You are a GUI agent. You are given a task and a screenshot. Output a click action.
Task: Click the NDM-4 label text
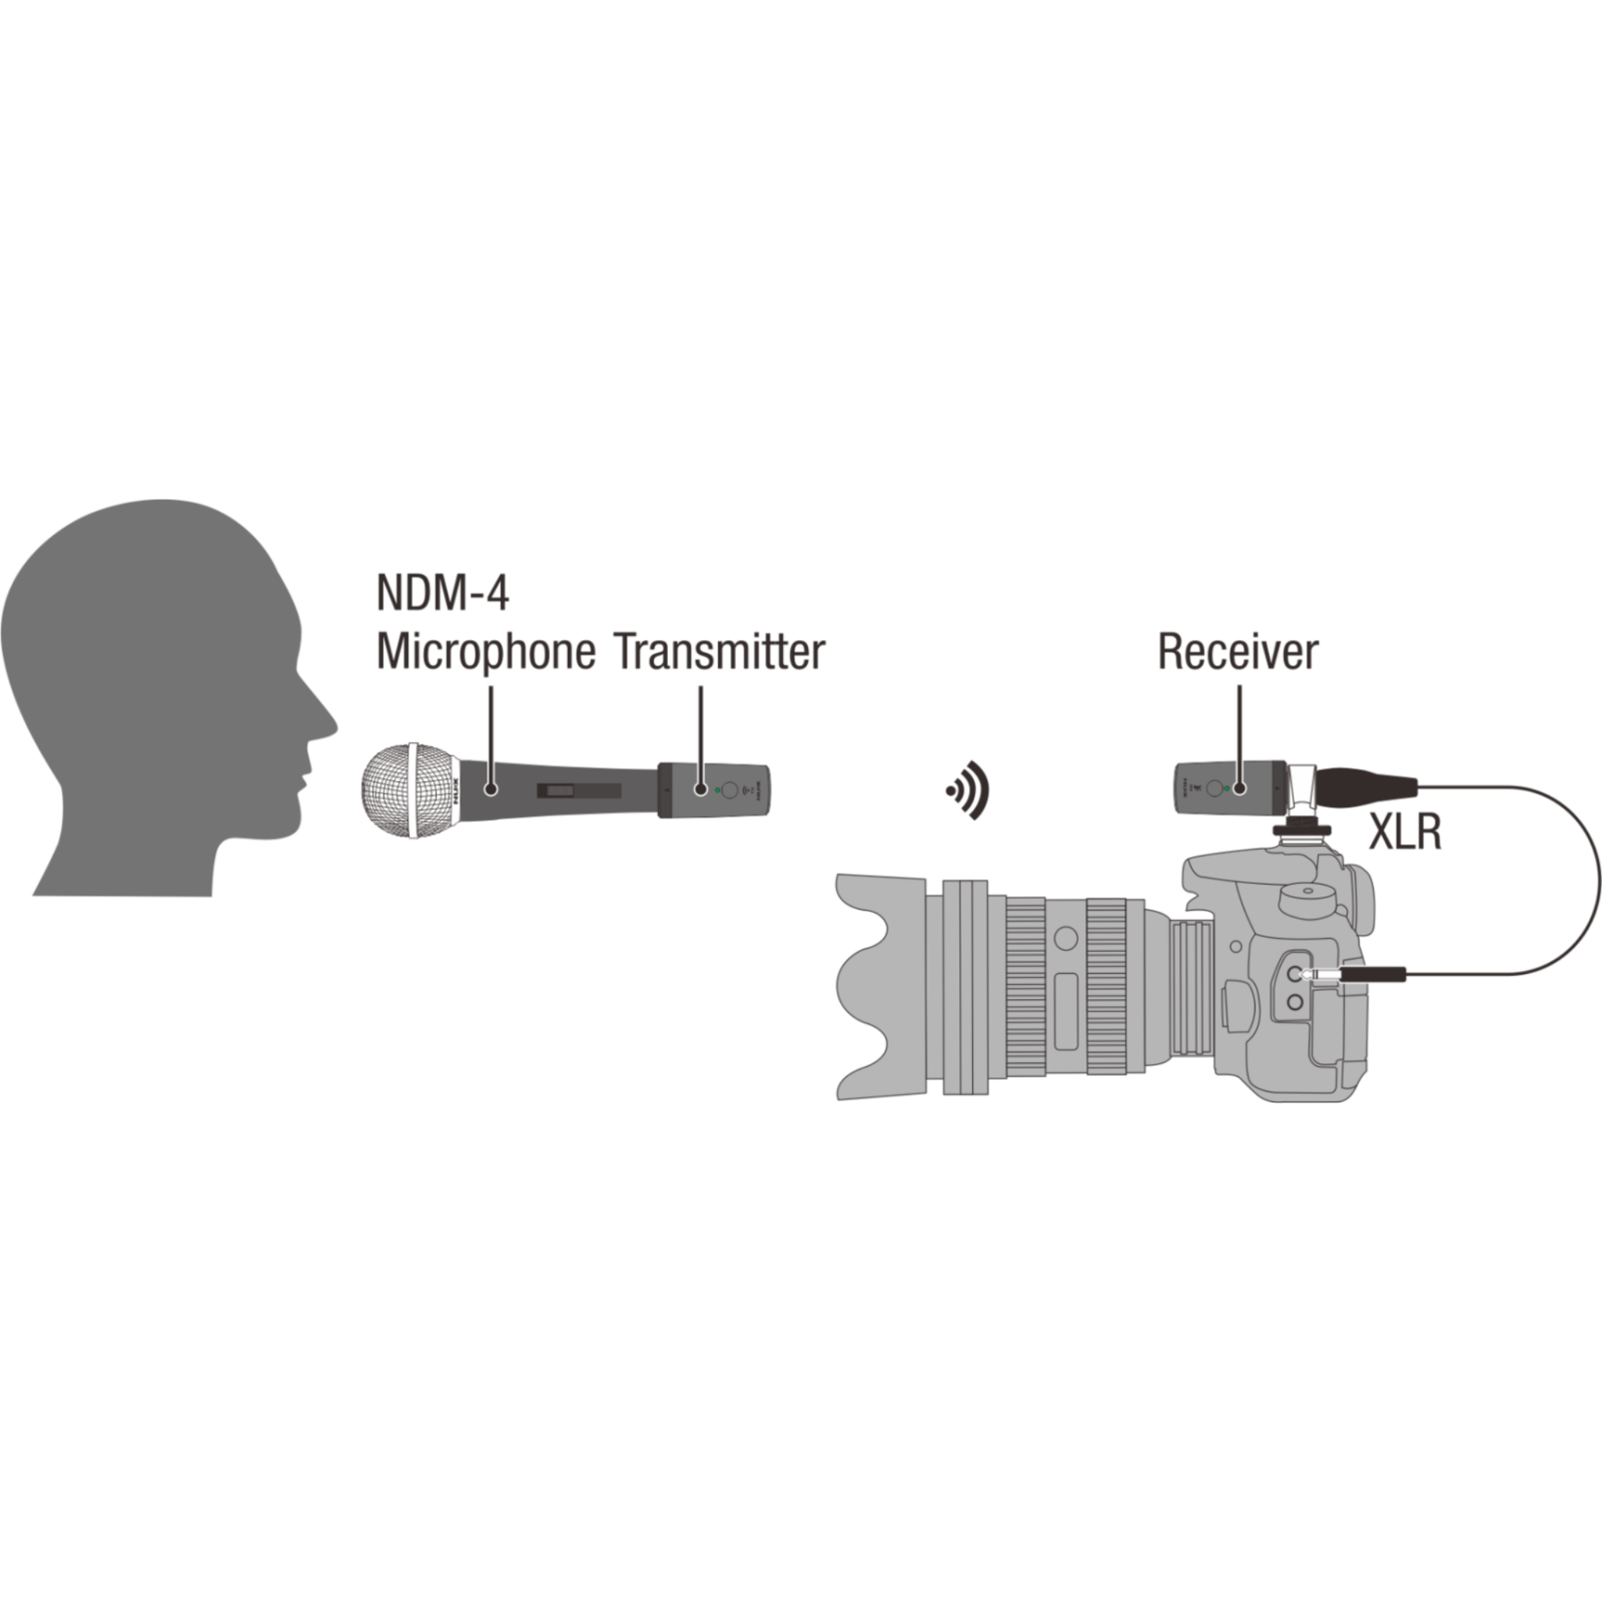pyautogui.click(x=442, y=593)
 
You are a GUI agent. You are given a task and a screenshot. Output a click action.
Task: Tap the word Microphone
pyautogui.click(x=486, y=652)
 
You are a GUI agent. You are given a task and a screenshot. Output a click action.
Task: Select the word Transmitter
pyautogui.click(x=720, y=652)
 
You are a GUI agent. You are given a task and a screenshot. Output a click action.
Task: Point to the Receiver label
pyautogui.click(x=1237, y=652)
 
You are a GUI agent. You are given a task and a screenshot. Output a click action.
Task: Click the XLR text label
pyautogui.click(x=1405, y=832)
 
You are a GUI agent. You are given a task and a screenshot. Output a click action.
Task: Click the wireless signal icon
pyautogui.click(x=968, y=790)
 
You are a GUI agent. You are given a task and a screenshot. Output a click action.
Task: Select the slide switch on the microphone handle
pyautogui.click(x=578, y=791)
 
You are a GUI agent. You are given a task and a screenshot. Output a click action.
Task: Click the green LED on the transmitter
pyautogui.click(x=717, y=788)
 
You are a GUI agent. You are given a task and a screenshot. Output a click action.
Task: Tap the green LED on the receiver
pyautogui.click(x=1227, y=787)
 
